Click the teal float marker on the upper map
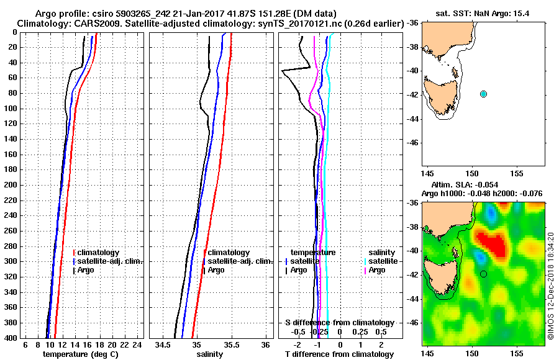click(x=483, y=94)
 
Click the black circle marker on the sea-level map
click(x=483, y=274)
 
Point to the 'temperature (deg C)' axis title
click(x=80, y=354)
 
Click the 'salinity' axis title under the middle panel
click(x=210, y=354)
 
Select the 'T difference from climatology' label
click(x=339, y=354)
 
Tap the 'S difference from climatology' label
click(x=339, y=323)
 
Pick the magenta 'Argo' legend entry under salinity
click(x=377, y=270)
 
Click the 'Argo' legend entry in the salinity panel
click(x=216, y=270)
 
